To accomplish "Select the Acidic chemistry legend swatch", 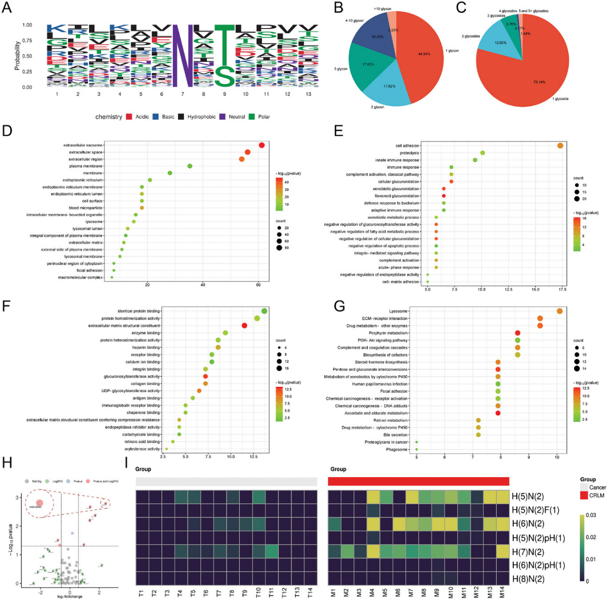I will tap(129, 117).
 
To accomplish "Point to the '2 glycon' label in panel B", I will tap(378, 107).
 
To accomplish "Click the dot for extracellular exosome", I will tap(261, 145).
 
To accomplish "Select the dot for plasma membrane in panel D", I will tap(190, 166).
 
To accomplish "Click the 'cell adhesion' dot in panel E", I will tap(560, 146).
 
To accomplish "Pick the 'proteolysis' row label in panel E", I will tap(409, 153).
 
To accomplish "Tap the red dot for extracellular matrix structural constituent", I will tap(244, 326).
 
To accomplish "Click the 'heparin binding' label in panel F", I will tap(146, 348).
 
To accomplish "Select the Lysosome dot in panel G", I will tap(560, 311).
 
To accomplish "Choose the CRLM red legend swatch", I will tap(584, 496).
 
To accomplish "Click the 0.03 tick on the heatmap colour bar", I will tap(591, 515).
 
